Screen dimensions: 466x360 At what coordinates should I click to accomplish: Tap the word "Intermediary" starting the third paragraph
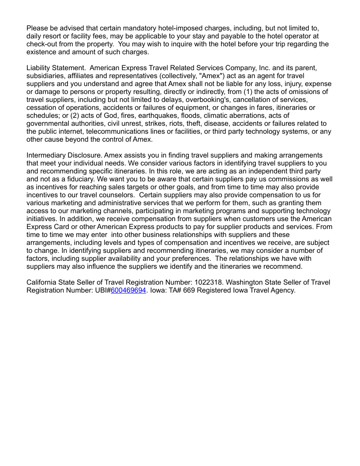coord(46,155)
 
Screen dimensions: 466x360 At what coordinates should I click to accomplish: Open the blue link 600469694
coord(128,290)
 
